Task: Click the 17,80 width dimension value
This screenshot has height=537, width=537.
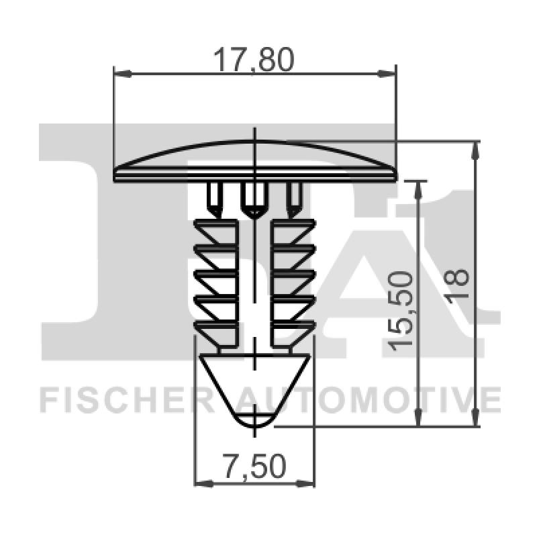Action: [x=254, y=61]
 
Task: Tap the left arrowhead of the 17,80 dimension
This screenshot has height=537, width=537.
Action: [x=119, y=73]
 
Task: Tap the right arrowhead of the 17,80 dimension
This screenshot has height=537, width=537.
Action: [x=391, y=73]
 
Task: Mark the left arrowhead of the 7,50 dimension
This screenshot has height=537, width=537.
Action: [x=199, y=482]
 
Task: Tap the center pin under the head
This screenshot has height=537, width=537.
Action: [x=253, y=199]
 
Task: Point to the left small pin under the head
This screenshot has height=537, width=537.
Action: [x=215, y=198]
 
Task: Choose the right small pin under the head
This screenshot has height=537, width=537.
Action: [x=293, y=198]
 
